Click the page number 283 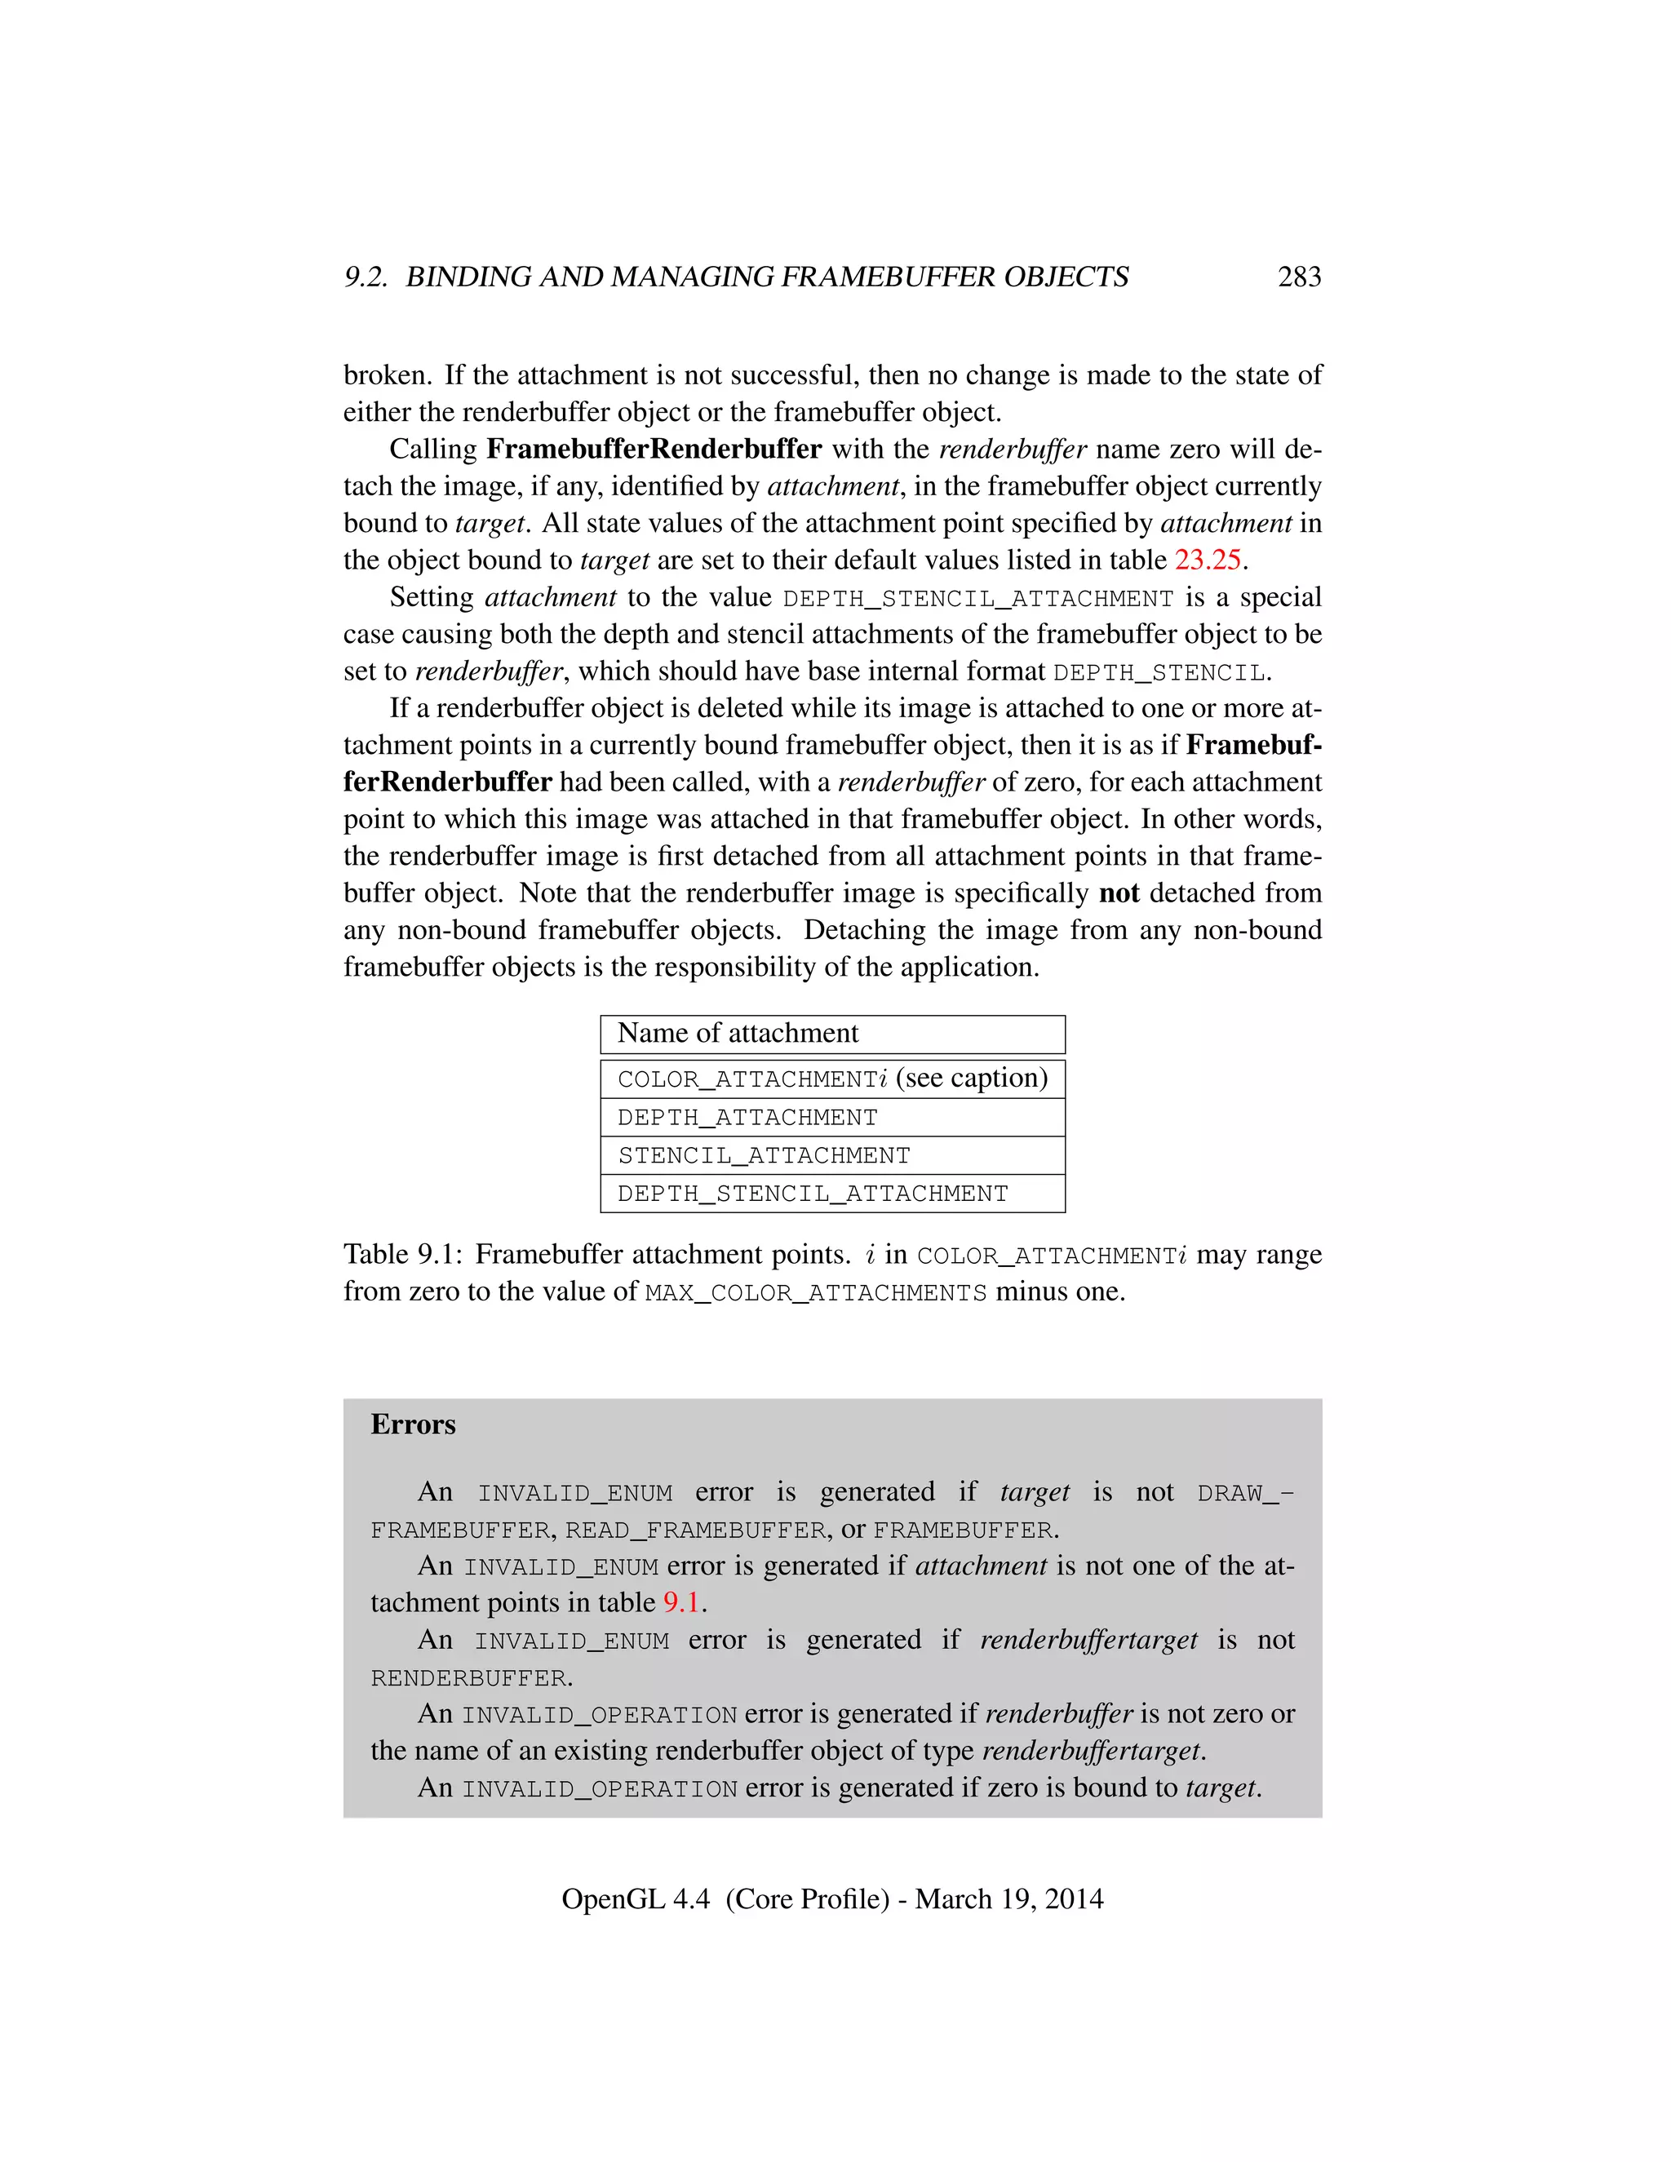coord(1299,277)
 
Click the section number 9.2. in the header coord(366,277)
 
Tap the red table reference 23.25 coord(1207,560)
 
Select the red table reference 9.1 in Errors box coord(681,1602)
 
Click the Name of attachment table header coord(738,1034)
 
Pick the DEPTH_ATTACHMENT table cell coord(747,1118)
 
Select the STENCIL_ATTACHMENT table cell coord(763,1155)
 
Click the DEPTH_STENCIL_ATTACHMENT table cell coord(812,1194)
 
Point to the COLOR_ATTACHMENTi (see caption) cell coord(831,1078)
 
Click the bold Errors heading coord(413,1424)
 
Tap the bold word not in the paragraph coord(1119,893)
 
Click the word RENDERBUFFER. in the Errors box coord(472,1679)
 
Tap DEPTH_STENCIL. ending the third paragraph coord(1161,672)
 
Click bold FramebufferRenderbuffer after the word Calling coord(654,450)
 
